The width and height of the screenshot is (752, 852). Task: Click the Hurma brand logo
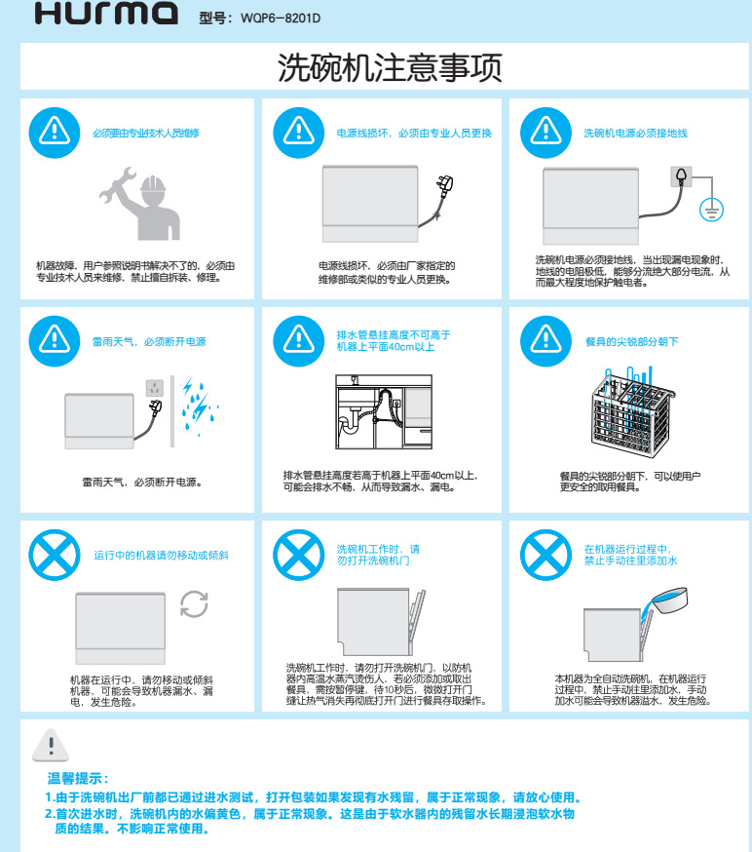106,13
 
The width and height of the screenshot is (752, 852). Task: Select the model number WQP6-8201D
281,19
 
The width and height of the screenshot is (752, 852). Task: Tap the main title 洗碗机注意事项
390,67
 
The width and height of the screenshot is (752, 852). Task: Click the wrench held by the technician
117,185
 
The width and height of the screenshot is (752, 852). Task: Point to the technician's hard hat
153,183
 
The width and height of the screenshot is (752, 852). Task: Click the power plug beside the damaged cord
446,186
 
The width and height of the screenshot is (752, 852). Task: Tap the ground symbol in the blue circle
711,210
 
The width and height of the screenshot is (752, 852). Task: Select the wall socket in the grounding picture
682,176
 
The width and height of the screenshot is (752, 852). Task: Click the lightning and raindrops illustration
200,406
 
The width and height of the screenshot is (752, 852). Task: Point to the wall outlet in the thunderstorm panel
155,388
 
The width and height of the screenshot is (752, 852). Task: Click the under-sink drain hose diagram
384,412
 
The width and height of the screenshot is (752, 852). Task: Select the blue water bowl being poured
669,600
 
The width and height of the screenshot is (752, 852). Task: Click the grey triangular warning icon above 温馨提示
51,745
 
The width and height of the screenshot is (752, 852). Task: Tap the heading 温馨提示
78,779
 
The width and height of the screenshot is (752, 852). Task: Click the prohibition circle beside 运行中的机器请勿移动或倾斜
55,556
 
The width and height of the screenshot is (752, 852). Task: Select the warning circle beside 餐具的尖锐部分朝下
545,341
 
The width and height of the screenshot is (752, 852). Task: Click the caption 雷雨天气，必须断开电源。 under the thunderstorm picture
142,483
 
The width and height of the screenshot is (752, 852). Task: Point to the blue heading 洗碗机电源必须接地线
635,134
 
